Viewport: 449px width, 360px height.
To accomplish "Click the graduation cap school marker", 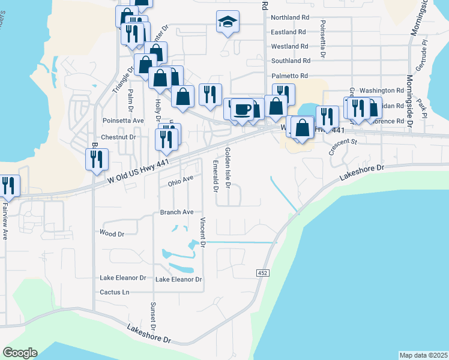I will coord(228,22).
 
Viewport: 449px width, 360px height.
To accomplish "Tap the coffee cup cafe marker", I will coord(242,109).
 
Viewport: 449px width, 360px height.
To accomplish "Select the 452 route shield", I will coord(265,273).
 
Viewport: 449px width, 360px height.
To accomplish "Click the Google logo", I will coord(20,353).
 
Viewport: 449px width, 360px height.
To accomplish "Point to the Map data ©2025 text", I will coord(424,355).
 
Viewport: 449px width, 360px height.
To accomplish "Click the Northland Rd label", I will coord(289,17).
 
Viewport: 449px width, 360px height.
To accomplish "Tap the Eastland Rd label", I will coord(289,32).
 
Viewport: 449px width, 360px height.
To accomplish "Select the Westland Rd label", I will coord(289,46).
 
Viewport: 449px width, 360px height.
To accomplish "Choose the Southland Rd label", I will coord(290,61).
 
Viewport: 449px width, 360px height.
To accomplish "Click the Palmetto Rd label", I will coord(289,76).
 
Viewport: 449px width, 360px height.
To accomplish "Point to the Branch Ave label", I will coord(176,212).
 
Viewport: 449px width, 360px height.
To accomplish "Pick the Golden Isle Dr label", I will coord(228,168).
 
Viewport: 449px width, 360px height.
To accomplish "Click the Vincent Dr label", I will coord(203,233).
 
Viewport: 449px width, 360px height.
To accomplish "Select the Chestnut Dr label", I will coord(119,137).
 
